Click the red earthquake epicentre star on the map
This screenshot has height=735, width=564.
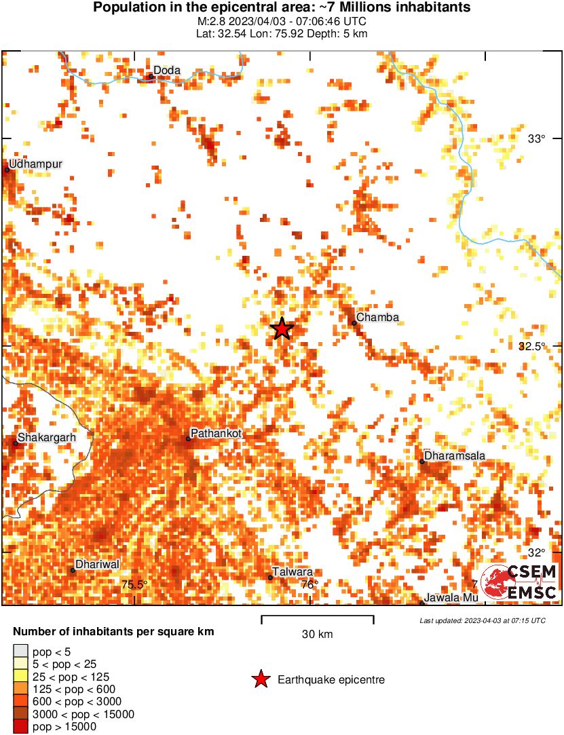(x=282, y=328)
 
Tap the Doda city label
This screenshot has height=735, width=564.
(x=166, y=70)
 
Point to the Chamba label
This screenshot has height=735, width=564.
(x=377, y=317)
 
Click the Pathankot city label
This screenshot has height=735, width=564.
(x=217, y=432)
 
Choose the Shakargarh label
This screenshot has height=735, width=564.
(x=47, y=437)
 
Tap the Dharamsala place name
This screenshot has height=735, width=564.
(x=454, y=455)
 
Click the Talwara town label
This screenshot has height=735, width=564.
(x=293, y=571)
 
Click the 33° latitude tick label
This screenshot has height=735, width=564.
(x=537, y=138)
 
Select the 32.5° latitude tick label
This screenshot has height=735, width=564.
(x=532, y=346)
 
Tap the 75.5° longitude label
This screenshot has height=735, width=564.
(x=134, y=584)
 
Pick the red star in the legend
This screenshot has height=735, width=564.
(x=260, y=680)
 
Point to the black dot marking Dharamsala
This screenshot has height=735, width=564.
(x=421, y=461)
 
